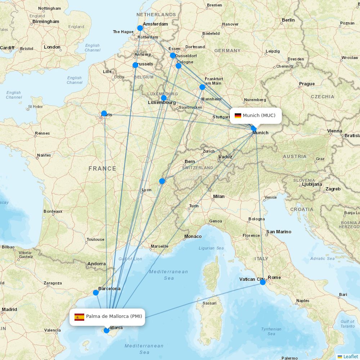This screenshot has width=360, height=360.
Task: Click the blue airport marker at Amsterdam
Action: point(140,28)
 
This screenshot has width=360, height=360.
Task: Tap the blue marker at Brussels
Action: point(135,65)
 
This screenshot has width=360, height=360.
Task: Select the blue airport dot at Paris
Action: point(104,113)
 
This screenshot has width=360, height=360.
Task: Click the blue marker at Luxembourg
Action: point(164,98)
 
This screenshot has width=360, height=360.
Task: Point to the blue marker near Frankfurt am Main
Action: point(202,87)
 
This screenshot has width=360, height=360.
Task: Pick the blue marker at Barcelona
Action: point(96,293)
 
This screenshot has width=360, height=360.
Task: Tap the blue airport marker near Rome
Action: point(263,282)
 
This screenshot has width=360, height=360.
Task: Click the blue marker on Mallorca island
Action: point(107,330)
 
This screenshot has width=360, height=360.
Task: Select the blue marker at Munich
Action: point(254,129)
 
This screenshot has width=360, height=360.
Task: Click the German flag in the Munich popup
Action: point(238,116)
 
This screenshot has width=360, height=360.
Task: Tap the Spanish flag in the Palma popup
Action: point(79,317)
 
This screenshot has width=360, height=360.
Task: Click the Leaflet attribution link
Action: point(350,356)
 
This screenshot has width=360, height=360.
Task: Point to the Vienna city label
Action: point(334,131)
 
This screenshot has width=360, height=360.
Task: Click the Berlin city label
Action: point(288,20)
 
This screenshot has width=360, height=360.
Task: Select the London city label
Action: point(52,47)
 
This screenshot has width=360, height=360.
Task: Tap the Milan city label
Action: point(219,197)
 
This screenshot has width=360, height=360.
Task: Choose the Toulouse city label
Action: point(95,239)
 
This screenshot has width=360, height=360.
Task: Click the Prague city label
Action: point(307,84)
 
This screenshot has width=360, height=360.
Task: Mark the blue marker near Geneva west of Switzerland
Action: point(162,181)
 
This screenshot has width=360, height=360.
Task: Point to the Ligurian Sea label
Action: point(211,248)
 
